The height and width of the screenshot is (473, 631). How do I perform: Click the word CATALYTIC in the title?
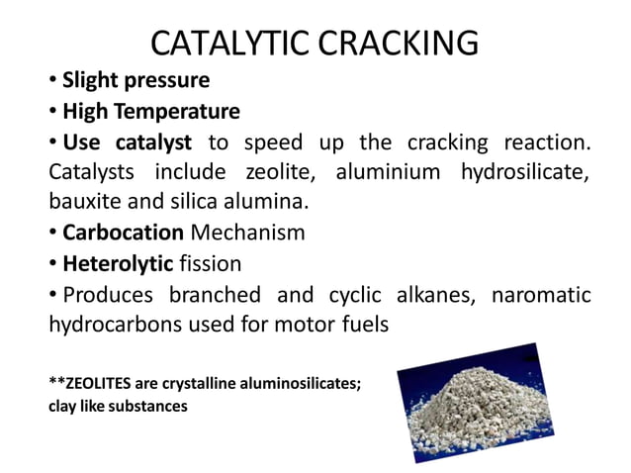(228, 45)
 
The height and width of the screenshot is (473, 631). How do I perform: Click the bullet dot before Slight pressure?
(53, 79)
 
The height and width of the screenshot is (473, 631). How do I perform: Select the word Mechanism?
(247, 234)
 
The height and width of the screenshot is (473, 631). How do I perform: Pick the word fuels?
(364, 326)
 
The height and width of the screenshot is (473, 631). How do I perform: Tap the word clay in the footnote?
(64, 406)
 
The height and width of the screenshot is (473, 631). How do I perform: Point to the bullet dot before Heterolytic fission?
(53, 266)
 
